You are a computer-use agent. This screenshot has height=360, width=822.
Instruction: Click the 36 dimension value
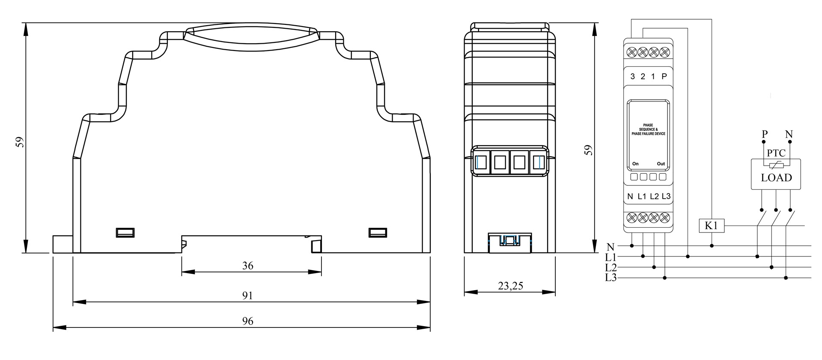click(248, 266)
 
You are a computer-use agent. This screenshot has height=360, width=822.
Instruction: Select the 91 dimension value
click(248, 296)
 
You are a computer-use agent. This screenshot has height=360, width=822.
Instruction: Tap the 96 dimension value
click(248, 321)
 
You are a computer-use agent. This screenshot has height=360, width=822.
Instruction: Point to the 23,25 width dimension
click(510, 286)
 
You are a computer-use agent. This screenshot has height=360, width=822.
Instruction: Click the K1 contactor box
click(712, 226)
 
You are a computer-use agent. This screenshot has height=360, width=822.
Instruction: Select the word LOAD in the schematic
click(776, 178)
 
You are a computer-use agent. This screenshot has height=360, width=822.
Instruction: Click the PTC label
click(776, 153)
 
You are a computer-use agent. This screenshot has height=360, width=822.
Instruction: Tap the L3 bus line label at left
click(611, 278)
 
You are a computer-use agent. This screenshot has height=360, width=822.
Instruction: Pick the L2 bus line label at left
click(611, 268)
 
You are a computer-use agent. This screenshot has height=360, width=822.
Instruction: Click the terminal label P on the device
click(664, 77)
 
